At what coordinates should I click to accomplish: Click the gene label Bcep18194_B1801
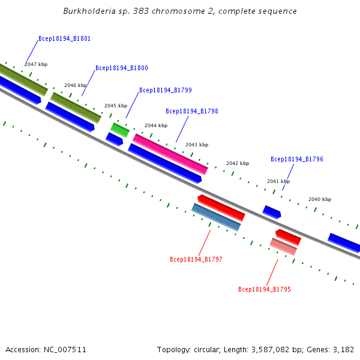(64, 38)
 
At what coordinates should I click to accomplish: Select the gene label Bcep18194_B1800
(121, 68)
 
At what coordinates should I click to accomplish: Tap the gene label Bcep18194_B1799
(165, 91)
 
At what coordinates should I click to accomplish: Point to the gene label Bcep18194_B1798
(191, 112)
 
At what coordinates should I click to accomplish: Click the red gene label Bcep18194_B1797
(196, 260)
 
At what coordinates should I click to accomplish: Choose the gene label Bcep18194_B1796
(296, 160)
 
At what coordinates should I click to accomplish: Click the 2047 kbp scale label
(36, 64)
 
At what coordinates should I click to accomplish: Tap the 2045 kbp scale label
(116, 106)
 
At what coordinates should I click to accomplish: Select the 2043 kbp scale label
(197, 145)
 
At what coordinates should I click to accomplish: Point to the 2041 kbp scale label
(278, 181)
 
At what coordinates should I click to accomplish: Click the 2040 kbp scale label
(319, 199)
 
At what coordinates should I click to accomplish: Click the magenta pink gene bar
(170, 154)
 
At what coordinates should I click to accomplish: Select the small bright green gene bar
(119, 130)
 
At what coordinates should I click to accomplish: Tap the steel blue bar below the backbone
(216, 217)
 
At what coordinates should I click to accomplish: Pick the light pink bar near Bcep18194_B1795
(283, 247)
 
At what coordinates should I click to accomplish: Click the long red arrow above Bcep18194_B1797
(221, 208)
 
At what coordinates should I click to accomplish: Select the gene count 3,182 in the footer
(343, 349)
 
